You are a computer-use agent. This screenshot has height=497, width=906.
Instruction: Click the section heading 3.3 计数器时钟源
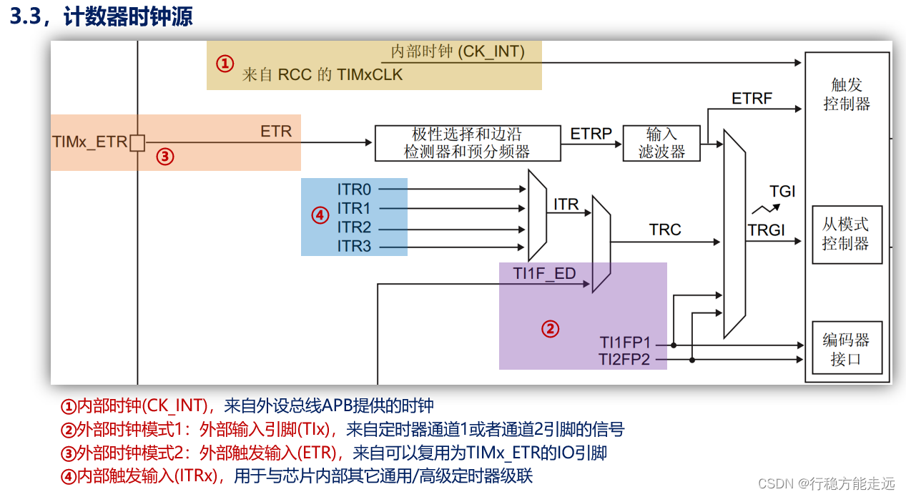tap(101, 17)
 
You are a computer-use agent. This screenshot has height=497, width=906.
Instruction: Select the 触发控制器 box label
tap(847, 95)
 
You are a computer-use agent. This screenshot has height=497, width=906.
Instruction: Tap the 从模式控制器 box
tap(847, 235)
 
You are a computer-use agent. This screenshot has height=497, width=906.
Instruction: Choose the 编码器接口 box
tap(847, 350)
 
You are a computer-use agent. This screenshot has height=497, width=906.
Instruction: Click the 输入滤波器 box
tap(661, 143)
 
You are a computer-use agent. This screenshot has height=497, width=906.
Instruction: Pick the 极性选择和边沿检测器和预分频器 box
tap(467, 143)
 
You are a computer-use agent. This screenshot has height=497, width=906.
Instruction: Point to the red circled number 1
tap(225, 64)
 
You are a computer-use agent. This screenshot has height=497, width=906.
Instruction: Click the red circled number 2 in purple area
tap(549, 329)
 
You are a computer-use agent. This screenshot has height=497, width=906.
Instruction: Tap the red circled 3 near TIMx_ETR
tap(165, 157)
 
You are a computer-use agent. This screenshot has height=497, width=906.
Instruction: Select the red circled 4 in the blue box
tap(320, 215)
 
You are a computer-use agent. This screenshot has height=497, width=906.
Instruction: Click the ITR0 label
tap(354, 190)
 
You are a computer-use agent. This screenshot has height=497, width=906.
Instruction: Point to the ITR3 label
tap(354, 247)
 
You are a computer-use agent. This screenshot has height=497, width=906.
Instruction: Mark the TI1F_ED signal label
tap(544, 274)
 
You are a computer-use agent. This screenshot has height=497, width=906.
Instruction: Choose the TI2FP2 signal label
tap(624, 360)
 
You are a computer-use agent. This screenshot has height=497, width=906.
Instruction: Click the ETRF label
tap(752, 99)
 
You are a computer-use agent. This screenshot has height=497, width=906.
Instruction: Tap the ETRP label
tap(591, 134)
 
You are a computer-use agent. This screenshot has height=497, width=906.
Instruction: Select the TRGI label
tap(766, 230)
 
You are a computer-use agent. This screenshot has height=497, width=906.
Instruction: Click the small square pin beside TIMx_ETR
tap(137, 143)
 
